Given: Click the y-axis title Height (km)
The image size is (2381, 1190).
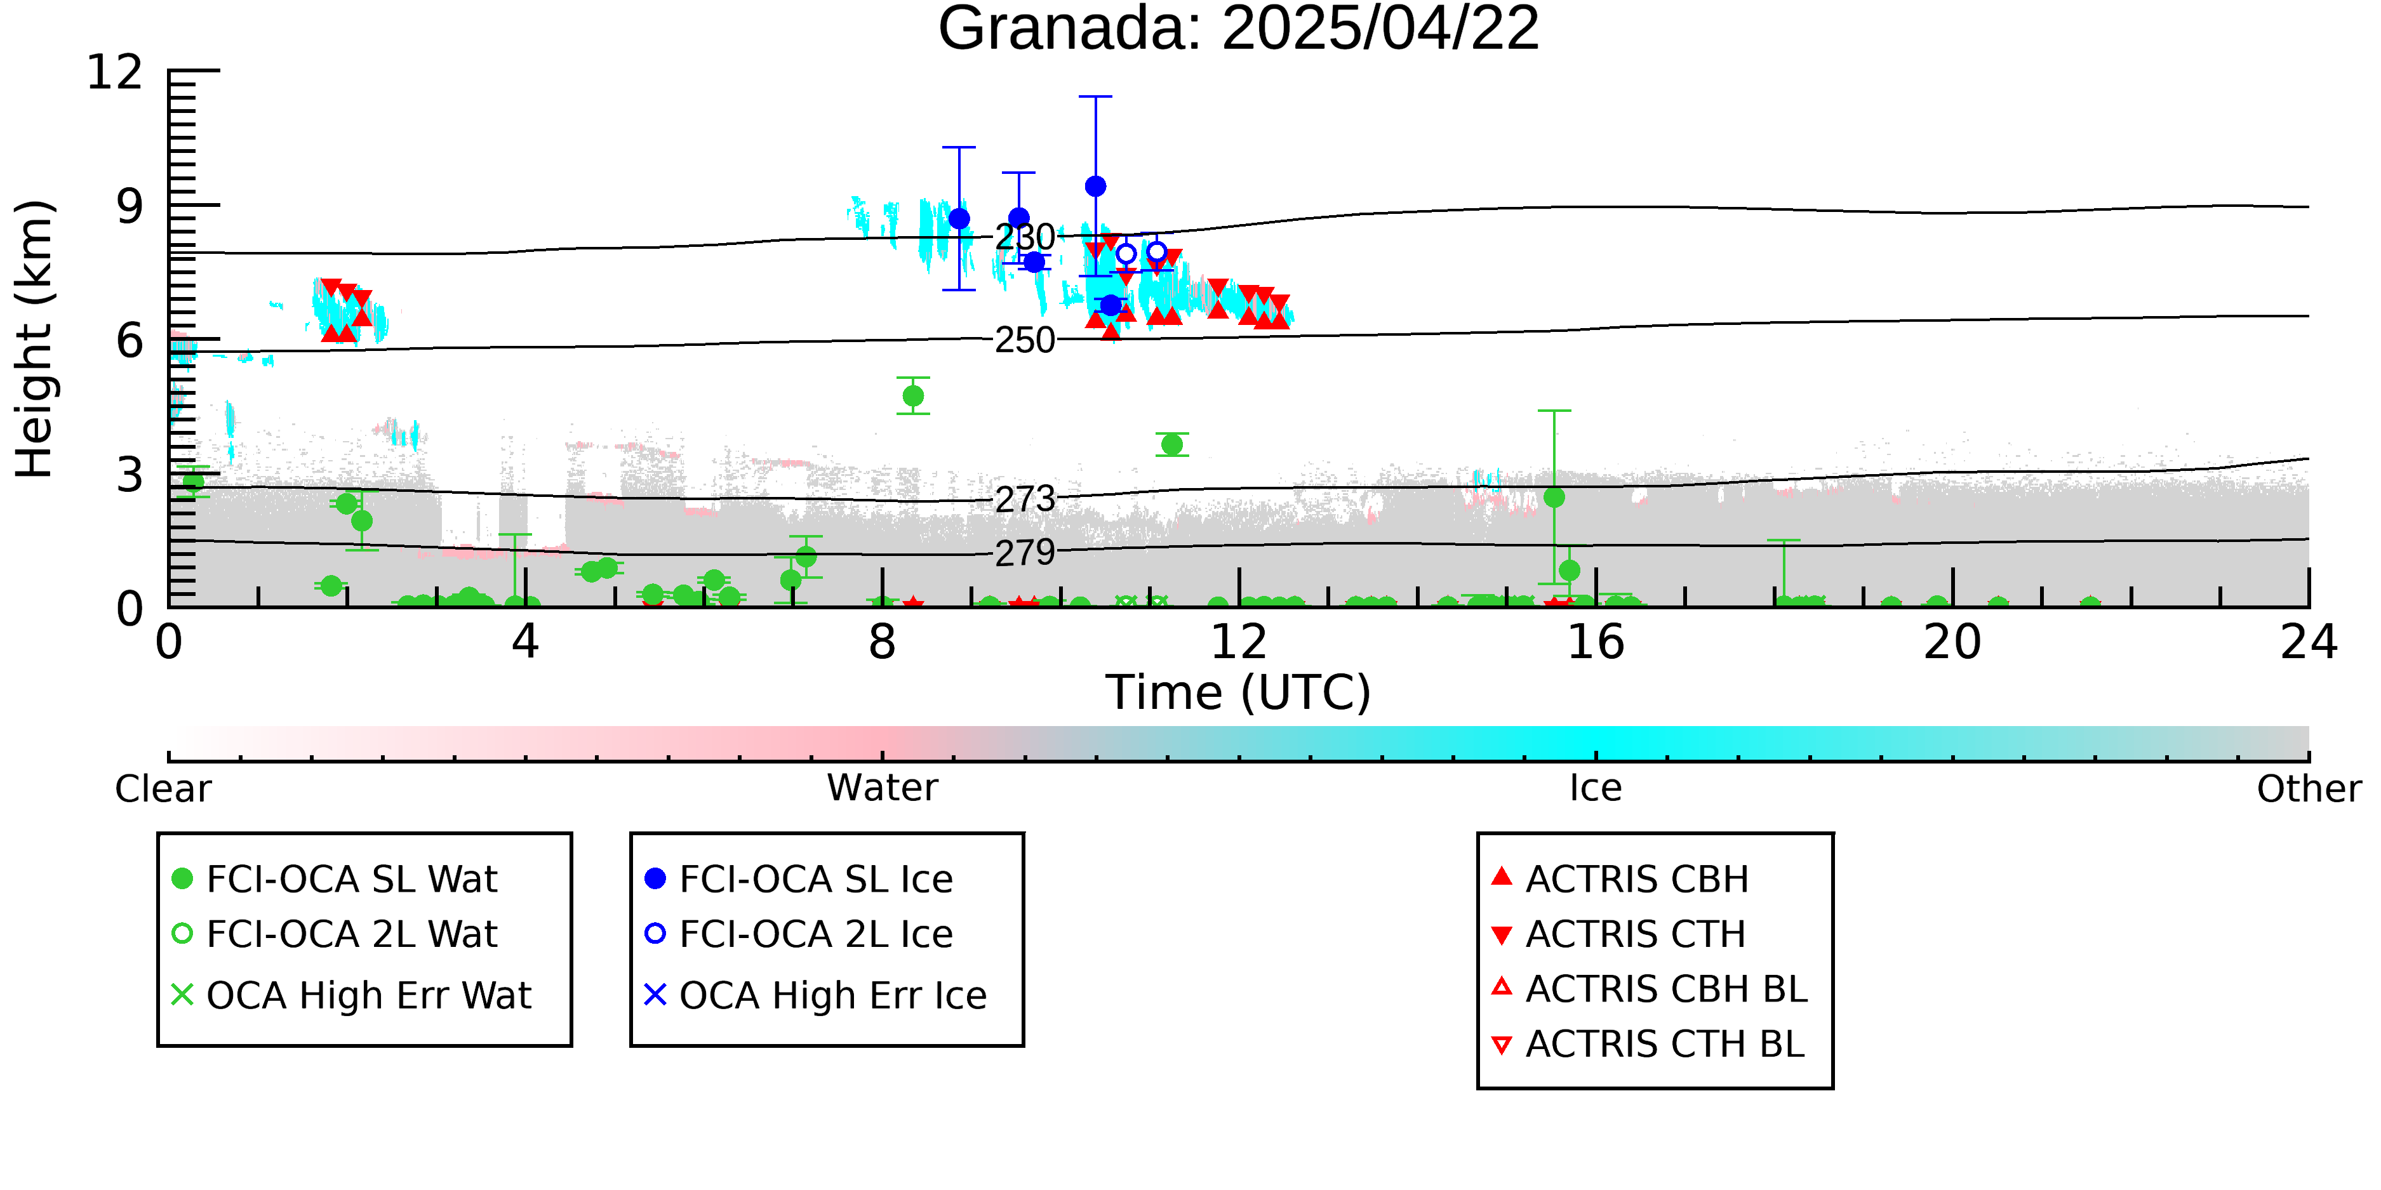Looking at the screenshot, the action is (x=35, y=339).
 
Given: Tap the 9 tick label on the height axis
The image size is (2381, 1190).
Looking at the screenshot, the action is (x=130, y=206).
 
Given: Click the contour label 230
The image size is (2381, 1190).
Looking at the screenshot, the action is (x=1024, y=237).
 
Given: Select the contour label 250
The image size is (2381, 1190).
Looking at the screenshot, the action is (x=1024, y=340).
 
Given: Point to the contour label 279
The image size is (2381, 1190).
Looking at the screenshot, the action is (x=1024, y=553).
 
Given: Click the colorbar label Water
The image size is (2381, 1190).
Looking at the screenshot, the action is (x=883, y=788).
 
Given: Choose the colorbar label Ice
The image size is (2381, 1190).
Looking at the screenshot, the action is (x=1596, y=788).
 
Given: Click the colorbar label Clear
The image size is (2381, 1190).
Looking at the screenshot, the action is (x=163, y=789).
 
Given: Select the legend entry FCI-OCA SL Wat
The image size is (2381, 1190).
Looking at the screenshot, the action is (x=335, y=878).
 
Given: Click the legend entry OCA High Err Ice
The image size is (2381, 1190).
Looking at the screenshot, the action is (x=815, y=996).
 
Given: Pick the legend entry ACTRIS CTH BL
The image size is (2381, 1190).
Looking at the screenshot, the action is (x=1648, y=1044).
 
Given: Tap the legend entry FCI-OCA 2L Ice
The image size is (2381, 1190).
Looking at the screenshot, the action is (x=799, y=934).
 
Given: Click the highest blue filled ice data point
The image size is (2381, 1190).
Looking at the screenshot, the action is (x=1095, y=187).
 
